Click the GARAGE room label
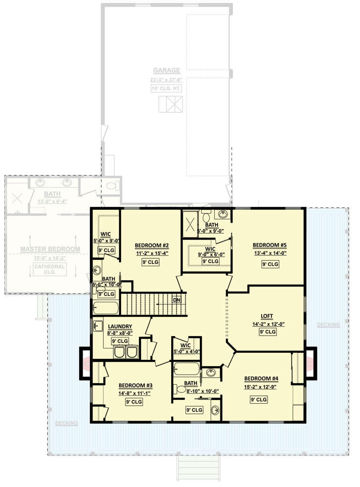point(166,71)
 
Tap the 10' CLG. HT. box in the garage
point(167,89)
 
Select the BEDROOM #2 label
point(152,245)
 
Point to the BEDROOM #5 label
point(270,245)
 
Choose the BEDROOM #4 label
point(261,379)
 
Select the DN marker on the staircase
point(176,300)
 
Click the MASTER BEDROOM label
point(49,249)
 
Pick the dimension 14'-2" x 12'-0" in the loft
point(269,324)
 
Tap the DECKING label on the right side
point(328,325)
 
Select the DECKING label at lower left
point(66,424)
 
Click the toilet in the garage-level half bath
point(112,186)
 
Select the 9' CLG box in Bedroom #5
point(270,264)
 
